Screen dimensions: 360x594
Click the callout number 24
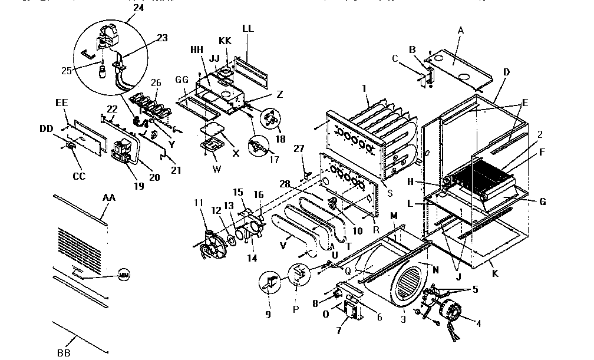[137, 8]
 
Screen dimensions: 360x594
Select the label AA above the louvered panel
[109, 198]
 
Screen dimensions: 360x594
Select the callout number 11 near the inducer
[198, 203]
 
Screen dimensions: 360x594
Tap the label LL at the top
[249, 28]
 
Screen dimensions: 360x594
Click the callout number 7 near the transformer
[338, 331]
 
